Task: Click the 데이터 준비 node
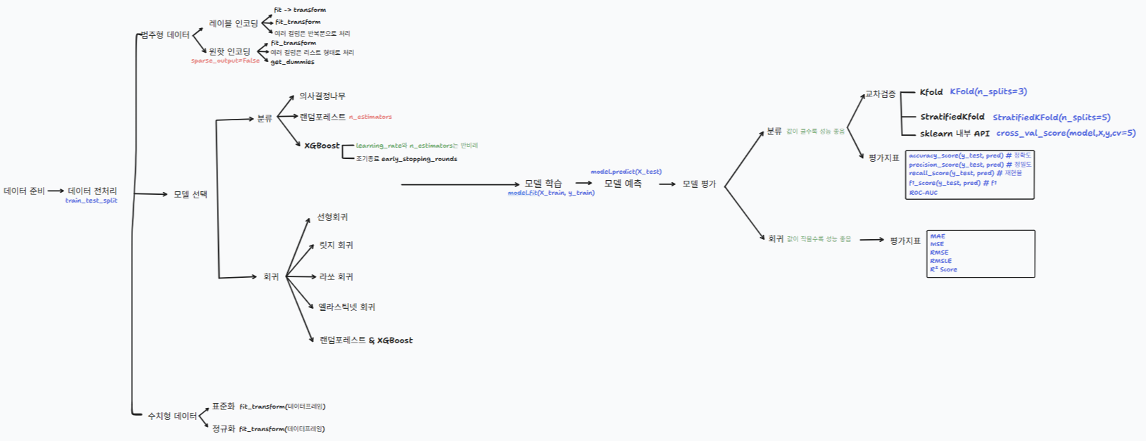pyautogui.click(x=24, y=191)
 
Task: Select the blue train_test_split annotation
pyautogui.click(x=92, y=200)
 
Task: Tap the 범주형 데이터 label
pyautogui.click(x=165, y=35)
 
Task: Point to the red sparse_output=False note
pyautogui.click(x=225, y=61)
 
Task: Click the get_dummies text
pyautogui.click(x=292, y=62)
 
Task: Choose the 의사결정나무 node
pyautogui.click(x=322, y=96)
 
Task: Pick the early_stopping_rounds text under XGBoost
pyautogui.click(x=419, y=159)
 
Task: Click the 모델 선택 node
pyautogui.click(x=190, y=194)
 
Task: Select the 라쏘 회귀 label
pyautogui.click(x=336, y=276)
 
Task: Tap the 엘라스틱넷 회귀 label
pyautogui.click(x=346, y=307)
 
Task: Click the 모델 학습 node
pyautogui.click(x=543, y=184)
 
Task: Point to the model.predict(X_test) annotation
pyautogui.click(x=626, y=172)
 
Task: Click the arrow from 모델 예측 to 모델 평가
pyautogui.click(x=667, y=184)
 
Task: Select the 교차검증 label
pyautogui.click(x=880, y=94)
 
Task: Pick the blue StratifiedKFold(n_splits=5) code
pyautogui.click(x=1051, y=117)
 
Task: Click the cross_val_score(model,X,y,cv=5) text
pyautogui.click(x=1065, y=133)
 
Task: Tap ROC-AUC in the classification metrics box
pyautogui.click(x=923, y=192)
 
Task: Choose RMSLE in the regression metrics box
pyautogui.click(x=940, y=261)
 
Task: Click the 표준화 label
pyautogui.click(x=223, y=407)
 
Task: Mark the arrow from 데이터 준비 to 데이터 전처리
pyautogui.click(x=56, y=191)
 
